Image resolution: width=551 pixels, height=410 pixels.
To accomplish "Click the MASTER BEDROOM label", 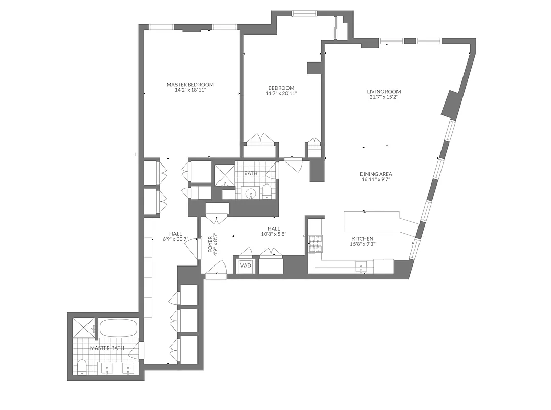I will [x=190, y=85].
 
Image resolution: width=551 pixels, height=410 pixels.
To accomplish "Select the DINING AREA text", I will [x=376, y=174].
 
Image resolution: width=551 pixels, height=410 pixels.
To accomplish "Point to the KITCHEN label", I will [x=362, y=239].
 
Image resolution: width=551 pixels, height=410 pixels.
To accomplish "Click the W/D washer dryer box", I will [x=246, y=265].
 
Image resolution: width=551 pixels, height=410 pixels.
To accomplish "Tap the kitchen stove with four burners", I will [x=315, y=243].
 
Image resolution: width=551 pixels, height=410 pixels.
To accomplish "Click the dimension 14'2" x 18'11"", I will [x=190, y=90].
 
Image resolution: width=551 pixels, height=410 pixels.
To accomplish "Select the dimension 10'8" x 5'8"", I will [x=273, y=234].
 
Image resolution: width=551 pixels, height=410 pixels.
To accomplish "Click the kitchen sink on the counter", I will [x=363, y=266].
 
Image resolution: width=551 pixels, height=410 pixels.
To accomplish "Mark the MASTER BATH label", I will [x=107, y=348].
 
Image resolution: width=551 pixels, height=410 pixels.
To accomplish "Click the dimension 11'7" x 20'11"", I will [x=281, y=93].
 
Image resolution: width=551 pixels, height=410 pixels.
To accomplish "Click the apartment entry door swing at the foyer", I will [x=217, y=269].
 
